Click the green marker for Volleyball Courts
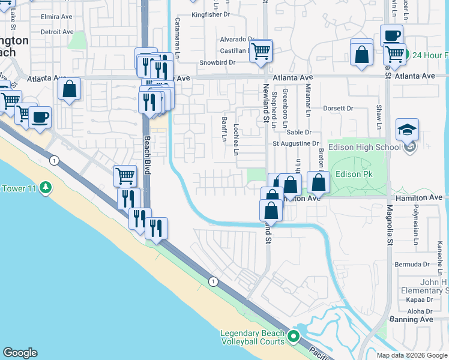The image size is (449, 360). click(x=294, y=337)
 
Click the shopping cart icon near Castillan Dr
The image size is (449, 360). click(x=261, y=51)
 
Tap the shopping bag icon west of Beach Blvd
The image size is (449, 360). click(x=70, y=89)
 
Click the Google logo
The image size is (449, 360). click(x=20, y=353)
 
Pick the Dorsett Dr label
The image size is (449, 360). click(x=338, y=109)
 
